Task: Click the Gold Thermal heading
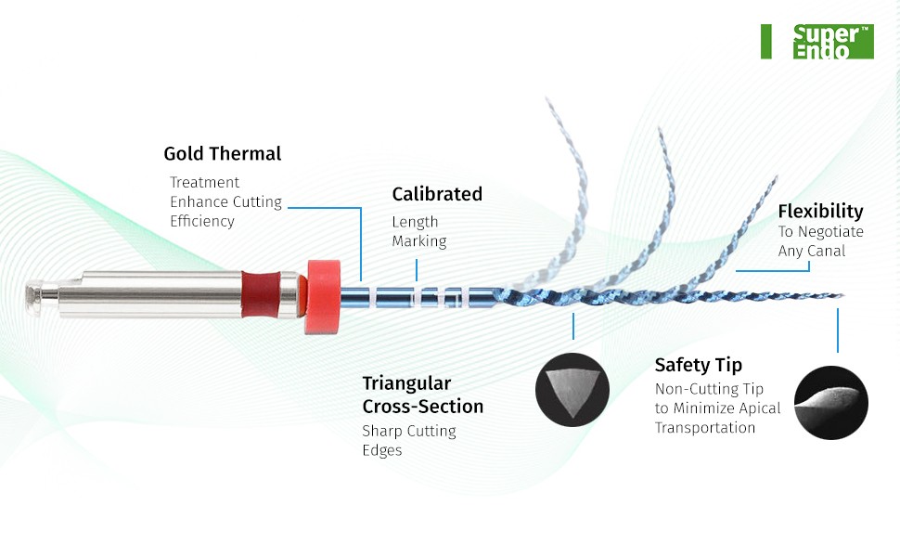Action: pyautogui.click(x=222, y=153)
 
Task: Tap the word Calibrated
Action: pyautogui.click(x=437, y=194)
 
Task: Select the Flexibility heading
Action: pyautogui.click(x=820, y=212)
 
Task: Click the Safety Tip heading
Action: pyautogui.click(x=698, y=365)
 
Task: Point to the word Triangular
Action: pyautogui.click(x=406, y=383)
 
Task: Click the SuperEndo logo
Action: pyautogui.click(x=833, y=42)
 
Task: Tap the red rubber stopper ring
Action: pyautogui.click(x=323, y=296)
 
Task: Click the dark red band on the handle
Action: pyautogui.click(x=261, y=294)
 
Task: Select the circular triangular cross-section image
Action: pyautogui.click(x=572, y=390)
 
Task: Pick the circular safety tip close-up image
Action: pyautogui.click(x=830, y=403)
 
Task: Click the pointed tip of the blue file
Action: pyautogui.click(x=843, y=296)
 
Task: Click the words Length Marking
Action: pyautogui.click(x=419, y=231)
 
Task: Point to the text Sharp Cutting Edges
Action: pyautogui.click(x=409, y=440)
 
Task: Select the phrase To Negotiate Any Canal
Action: pyautogui.click(x=821, y=241)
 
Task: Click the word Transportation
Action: pyautogui.click(x=705, y=428)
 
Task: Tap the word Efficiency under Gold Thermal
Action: pyautogui.click(x=202, y=222)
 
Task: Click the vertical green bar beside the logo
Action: pyautogui.click(x=765, y=42)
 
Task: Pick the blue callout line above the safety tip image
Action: pyautogui.click(x=838, y=330)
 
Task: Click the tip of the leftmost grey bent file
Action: pyautogui.click(x=547, y=100)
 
